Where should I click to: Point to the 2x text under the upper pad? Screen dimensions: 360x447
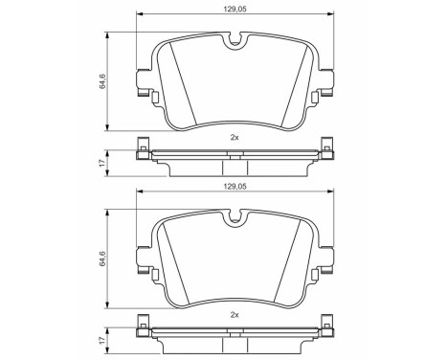pos(235,137)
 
